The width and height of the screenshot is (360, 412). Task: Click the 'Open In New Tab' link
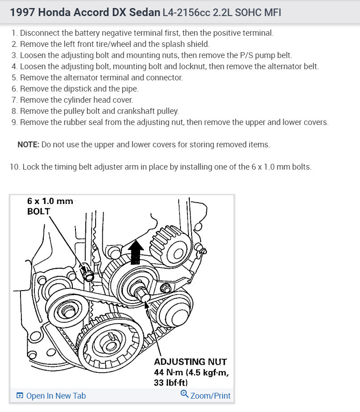click(56, 396)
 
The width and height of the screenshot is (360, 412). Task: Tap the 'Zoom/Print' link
click(210, 396)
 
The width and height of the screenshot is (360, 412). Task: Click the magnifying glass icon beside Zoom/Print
click(184, 394)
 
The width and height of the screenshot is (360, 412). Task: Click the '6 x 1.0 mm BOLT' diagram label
click(50, 206)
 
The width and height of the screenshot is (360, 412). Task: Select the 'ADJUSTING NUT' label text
click(190, 362)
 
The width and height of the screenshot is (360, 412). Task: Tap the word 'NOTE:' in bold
click(28, 145)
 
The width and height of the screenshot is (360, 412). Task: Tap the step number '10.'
click(15, 167)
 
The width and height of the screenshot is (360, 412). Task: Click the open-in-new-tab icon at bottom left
click(20, 396)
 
